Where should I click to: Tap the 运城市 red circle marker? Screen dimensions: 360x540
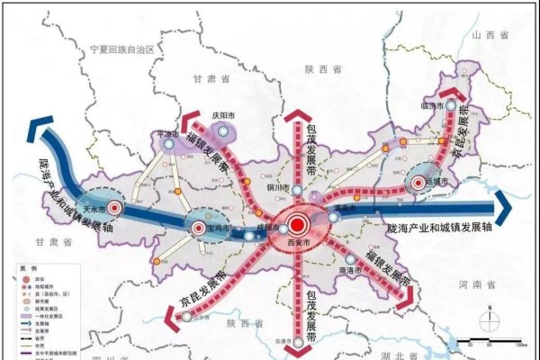[x=418, y=183]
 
